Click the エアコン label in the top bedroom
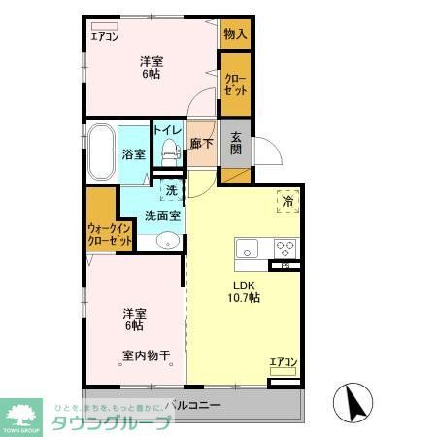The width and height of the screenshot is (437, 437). [x=105, y=37]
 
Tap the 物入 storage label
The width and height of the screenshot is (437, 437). [x=235, y=34]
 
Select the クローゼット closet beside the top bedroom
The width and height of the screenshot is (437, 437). [x=235, y=84]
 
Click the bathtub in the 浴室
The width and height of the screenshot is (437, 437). [x=101, y=152]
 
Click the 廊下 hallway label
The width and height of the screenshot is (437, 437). [x=202, y=143]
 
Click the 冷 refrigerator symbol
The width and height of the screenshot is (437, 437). [x=286, y=201]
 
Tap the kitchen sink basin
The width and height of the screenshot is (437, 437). [x=246, y=246]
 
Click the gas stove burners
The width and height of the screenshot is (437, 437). [x=285, y=246]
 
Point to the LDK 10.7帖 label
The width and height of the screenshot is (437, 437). [x=244, y=291]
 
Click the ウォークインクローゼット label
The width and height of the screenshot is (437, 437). [x=109, y=233]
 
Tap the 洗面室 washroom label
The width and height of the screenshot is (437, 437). [x=162, y=216]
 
